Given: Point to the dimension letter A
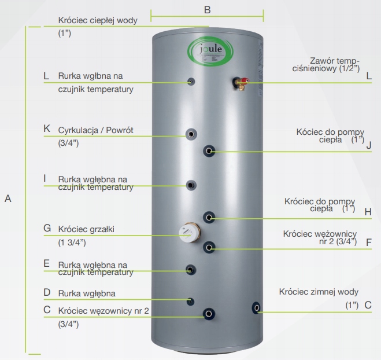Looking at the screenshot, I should (8, 199).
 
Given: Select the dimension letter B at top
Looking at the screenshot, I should (207, 10).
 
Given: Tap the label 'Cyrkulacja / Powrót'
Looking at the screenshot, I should (96, 130).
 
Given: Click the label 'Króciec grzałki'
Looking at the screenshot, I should (87, 229).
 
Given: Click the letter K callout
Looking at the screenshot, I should (47, 129).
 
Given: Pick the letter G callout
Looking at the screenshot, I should (47, 228).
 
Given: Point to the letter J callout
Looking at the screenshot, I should (368, 145).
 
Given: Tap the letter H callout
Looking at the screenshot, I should (368, 211).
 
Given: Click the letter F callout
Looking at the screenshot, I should (368, 241).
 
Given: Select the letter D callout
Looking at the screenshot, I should (47, 293).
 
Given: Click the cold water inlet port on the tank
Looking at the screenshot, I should (257, 308).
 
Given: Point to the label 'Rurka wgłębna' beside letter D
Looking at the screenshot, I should (87, 293).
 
